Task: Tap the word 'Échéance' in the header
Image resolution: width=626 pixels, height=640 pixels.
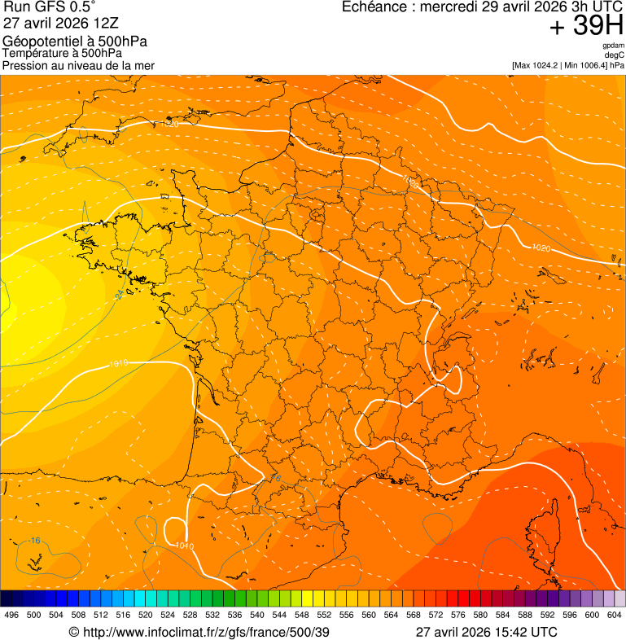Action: pyautogui.click(x=370, y=7)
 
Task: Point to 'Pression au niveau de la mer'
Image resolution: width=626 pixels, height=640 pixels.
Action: pyautogui.click(x=78, y=65)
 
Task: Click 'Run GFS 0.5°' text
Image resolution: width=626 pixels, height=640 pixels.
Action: pyautogui.click(x=49, y=7)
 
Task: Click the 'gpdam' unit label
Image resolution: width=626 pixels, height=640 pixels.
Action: pyautogui.click(x=613, y=46)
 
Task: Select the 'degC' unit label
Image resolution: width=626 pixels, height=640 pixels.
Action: pyautogui.click(x=615, y=55)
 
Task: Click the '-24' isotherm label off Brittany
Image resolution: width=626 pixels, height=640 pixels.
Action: pyautogui.click(x=119, y=293)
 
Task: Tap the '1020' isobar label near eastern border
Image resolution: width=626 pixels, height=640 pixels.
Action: pyautogui.click(x=540, y=248)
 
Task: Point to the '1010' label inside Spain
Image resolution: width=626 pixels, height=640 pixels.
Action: pyautogui.click(x=184, y=546)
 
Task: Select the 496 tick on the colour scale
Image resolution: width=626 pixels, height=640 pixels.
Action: pyautogui.click(x=11, y=616)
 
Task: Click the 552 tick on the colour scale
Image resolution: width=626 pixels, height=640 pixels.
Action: pyautogui.click(x=323, y=616)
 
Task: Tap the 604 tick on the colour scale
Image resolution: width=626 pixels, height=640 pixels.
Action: pyautogui.click(x=614, y=616)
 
